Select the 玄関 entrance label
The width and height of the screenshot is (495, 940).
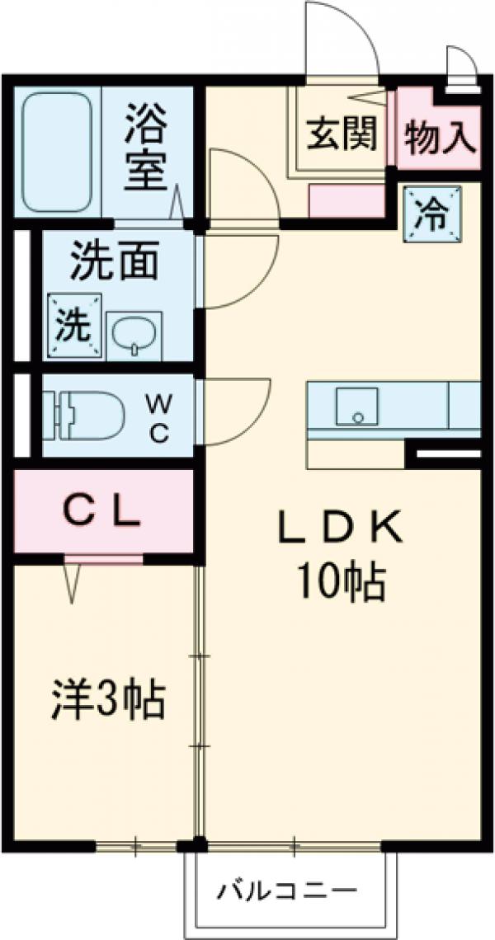[342, 133]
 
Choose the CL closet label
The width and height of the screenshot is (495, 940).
[103, 514]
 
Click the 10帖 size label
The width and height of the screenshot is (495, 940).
[339, 583]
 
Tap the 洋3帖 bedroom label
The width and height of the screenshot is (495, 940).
[108, 701]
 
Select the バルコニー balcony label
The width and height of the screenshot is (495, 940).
[288, 891]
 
